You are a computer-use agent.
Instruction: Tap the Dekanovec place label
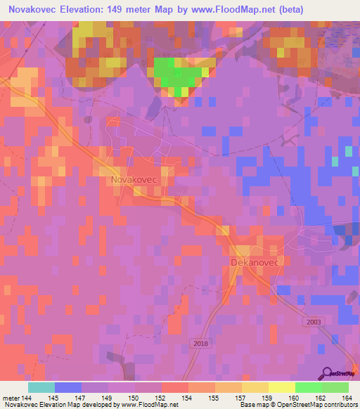point(255,262)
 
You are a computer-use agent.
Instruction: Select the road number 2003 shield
point(314,321)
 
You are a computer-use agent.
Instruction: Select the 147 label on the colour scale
point(81,397)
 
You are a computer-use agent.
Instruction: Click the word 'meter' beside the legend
point(9,397)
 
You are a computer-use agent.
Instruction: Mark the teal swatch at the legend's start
point(41,387)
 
